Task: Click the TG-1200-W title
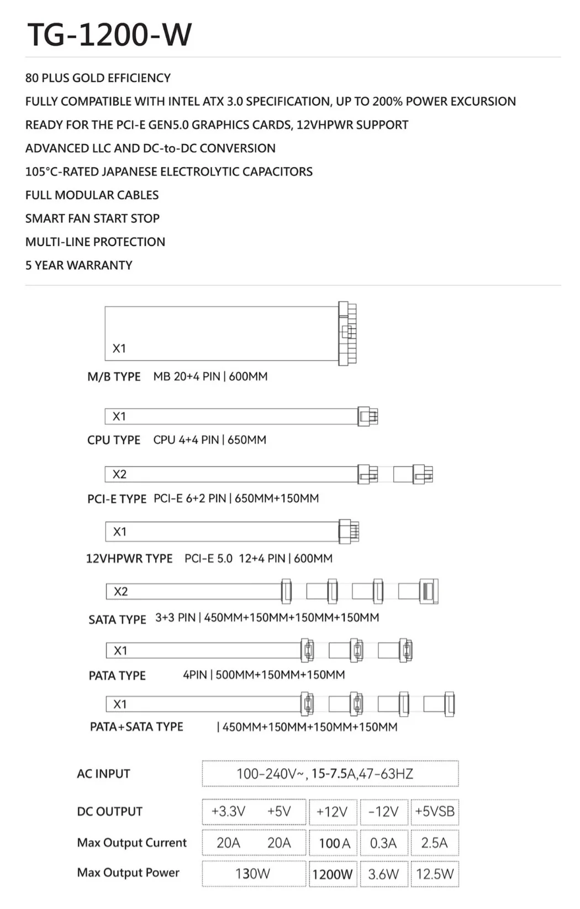click(109, 34)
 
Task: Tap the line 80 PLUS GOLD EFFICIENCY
click(98, 78)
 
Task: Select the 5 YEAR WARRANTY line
click(78, 265)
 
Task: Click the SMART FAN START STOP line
click(92, 218)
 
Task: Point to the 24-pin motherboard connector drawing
click(347, 333)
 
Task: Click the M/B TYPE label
click(114, 377)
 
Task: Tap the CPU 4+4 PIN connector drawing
click(367, 416)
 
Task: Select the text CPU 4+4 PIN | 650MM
click(209, 440)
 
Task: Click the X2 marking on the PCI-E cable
click(119, 474)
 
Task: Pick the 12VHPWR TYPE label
click(129, 559)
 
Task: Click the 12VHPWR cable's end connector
click(349, 532)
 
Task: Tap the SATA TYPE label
click(117, 619)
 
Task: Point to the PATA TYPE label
click(117, 675)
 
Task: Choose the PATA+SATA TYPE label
click(136, 727)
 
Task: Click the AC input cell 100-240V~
click(330, 774)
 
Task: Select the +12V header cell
click(332, 812)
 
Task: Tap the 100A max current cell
click(334, 843)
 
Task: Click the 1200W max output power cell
click(332, 874)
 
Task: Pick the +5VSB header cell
click(435, 812)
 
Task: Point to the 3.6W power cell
click(383, 874)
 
